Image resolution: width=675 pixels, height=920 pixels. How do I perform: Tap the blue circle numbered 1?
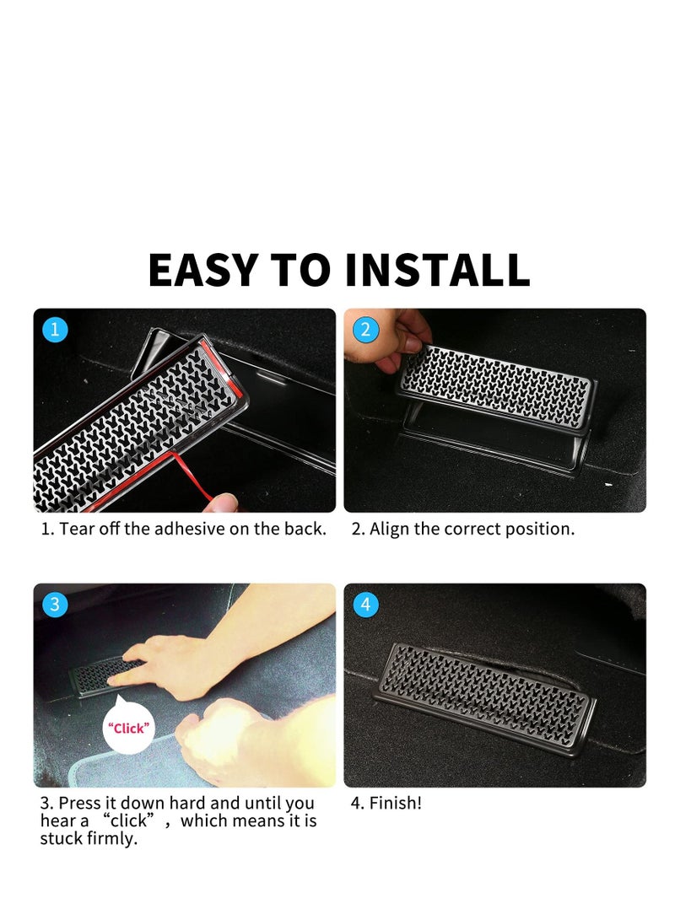click(55, 330)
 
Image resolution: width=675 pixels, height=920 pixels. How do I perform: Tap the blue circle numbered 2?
click(364, 330)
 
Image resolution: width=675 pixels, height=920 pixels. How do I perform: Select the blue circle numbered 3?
click(55, 605)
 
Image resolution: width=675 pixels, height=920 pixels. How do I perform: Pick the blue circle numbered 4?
click(364, 605)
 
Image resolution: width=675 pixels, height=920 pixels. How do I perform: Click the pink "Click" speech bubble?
click(128, 727)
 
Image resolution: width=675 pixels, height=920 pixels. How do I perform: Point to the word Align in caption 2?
click(388, 530)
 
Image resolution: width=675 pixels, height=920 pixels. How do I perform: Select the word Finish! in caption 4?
click(395, 803)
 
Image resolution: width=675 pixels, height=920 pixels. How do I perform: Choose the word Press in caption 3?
click(78, 803)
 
